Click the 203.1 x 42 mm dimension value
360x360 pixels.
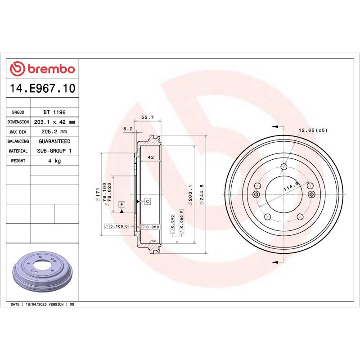[x=54, y=122]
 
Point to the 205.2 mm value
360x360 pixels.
[x=54, y=132]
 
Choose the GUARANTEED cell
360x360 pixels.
[x=54, y=141]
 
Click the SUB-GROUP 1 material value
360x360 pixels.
[x=54, y=151]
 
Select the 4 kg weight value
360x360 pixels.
[x=54, y=161]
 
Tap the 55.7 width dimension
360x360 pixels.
[x=148, y=117]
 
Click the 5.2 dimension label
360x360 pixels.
[x=128, y=129]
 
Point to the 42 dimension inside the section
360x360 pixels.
[x=151, y=157]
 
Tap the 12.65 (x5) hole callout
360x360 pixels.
[x=313, y=130]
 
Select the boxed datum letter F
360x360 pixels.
[x=121, y=205]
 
